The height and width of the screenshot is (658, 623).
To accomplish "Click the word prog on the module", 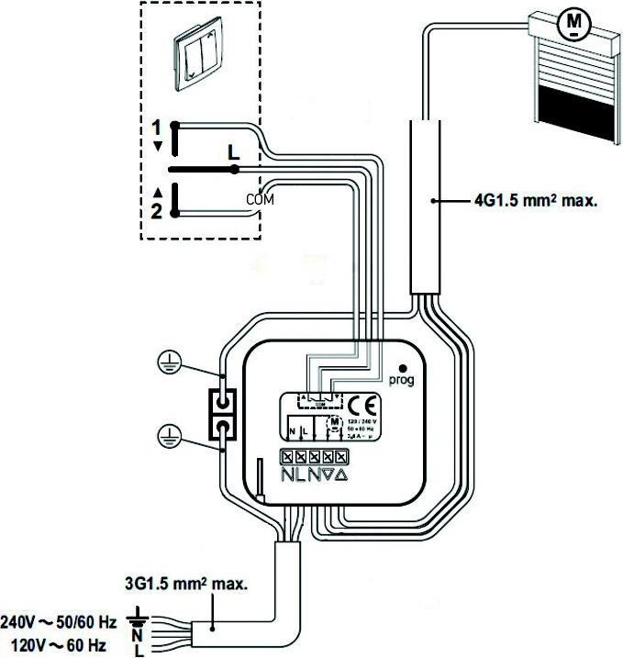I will pos(401,378).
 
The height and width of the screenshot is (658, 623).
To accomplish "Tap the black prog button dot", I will pos(401,364).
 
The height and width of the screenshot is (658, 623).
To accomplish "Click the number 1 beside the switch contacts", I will pos(157,126).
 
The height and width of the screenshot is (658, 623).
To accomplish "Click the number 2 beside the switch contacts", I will pos(157,211).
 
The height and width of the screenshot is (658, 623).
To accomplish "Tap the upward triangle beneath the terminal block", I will pos(340,474).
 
